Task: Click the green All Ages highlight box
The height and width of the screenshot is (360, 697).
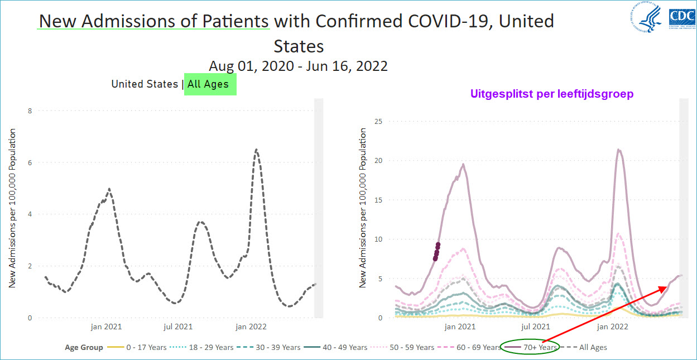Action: (x=210, y=84)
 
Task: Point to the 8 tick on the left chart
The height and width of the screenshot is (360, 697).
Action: (x=30, y=111)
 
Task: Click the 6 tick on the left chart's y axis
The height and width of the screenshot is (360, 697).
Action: (x=30, y=162)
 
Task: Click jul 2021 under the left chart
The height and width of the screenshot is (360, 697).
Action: (x=178, y=327)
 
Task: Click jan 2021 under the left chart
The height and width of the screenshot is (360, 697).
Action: (x=106, y=327)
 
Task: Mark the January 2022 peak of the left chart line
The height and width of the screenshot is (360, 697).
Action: (x=256, y=150)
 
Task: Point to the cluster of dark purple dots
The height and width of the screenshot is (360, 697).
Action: (x=436, y=251)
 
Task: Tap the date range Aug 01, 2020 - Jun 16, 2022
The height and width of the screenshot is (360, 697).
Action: (x=298, y=66)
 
